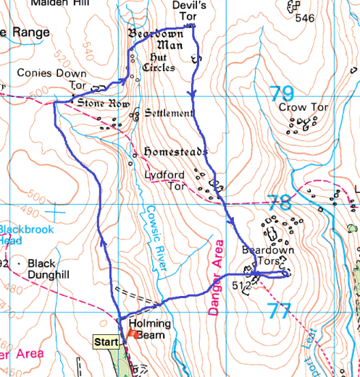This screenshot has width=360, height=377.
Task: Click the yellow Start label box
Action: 106,341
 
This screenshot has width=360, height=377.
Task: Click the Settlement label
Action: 169,114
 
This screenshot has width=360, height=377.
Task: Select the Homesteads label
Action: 176,153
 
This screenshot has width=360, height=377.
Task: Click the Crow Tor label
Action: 304,108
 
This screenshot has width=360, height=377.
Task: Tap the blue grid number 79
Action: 282,93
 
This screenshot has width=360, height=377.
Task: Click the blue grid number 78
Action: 280,203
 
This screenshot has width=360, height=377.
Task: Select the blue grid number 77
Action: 278,311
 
